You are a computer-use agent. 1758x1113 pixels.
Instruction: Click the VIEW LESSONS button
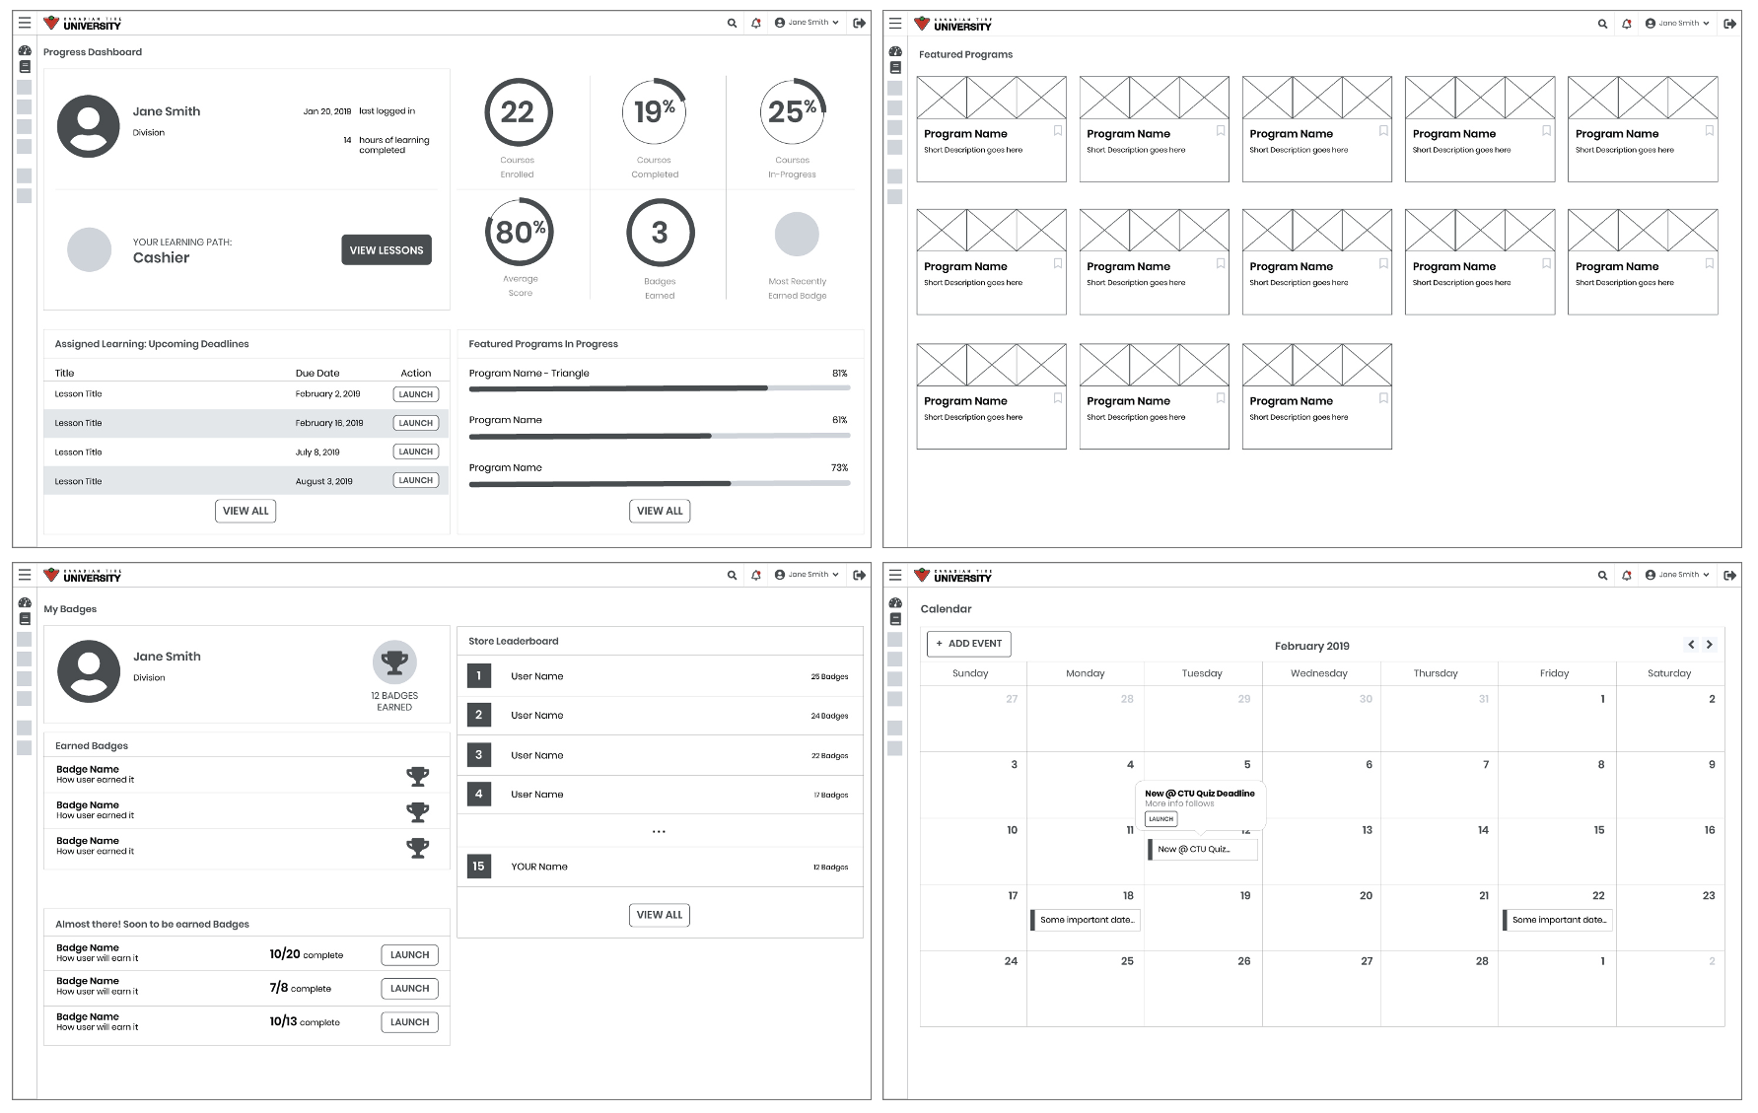click(x=387, y=250)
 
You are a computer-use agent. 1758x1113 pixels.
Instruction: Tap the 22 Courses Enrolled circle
click(x=518, y=112)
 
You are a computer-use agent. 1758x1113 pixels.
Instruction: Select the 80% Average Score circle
click(x=520, y=233)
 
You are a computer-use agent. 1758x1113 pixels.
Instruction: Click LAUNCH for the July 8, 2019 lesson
click(x=415, y=452)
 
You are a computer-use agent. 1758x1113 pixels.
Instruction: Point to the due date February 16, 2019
click(x=328, y=423)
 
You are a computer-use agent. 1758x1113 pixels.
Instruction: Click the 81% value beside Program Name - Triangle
click(x=839, y=374)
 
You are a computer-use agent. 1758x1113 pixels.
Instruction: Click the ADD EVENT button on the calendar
click(x=968, y=644)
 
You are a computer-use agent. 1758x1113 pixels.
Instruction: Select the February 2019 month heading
click(x=1311, y=647)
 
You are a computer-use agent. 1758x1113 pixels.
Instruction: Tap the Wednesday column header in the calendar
click(x=1318, y=673)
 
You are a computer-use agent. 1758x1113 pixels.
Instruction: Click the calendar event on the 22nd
click(x=1558, y=920)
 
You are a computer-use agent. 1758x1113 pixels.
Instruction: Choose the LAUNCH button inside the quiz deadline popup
click(x=1160, y=819)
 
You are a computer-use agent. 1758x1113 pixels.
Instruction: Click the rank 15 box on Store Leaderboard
click(x=478, y=867)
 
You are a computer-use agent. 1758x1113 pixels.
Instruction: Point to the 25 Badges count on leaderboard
click(x=829, y=677)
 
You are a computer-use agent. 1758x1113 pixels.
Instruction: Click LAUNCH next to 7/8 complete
click(x=409, y=989)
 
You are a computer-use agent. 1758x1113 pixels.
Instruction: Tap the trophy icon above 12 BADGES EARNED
click(x=394, y=662)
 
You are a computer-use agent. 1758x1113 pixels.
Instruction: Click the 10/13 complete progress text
click(x=305, y=1022)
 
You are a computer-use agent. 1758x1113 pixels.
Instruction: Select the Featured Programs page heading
click(x=965, y=55)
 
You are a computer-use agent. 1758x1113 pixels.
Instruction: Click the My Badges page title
click(x=70, y=609)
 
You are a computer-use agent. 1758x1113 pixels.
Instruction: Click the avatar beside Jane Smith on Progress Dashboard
click(x=89, y=126)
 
